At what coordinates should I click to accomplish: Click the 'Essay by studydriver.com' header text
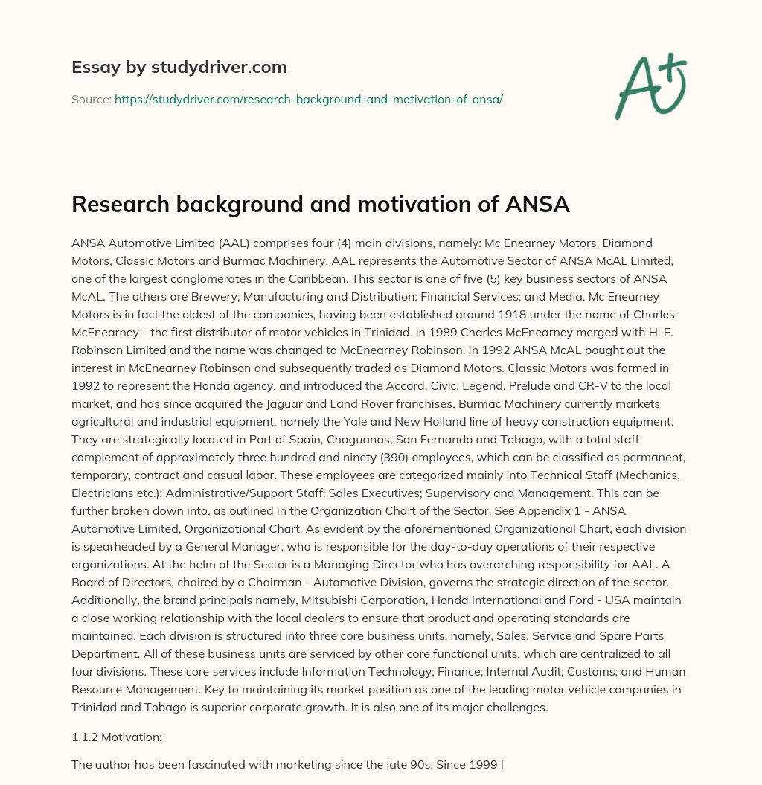click(179, 67)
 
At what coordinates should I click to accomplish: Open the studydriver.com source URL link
click(309, 99)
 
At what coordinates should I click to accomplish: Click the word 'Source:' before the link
click(91, 99)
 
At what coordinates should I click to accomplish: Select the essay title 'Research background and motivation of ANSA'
click(320, 205)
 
